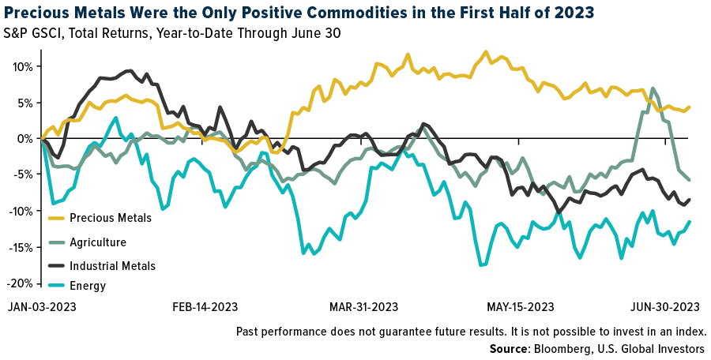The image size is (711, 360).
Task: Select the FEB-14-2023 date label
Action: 205,307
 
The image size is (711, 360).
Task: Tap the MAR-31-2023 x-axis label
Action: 363,307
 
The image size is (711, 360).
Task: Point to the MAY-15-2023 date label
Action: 520,307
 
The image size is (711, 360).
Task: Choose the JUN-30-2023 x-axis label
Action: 664,307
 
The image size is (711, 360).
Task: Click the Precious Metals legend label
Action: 110,218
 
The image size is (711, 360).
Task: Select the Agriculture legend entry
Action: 97,242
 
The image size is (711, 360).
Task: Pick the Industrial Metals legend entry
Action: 112,266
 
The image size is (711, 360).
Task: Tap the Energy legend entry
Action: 87,286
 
